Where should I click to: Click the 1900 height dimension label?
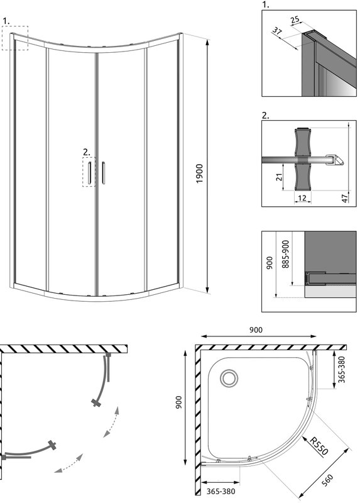tap(199, 174)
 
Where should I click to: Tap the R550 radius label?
tap(319, 446)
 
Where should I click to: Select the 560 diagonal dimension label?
tap(327, 480)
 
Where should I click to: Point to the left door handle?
tap(89, 173)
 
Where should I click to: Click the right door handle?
tap(103, 173)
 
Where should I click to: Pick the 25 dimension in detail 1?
tap(295, 20)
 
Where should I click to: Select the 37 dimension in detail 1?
tap(277, 31)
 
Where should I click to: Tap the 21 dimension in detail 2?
tap(279, 177)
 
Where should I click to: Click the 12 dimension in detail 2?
tap(302, 198)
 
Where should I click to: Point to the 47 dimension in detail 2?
tap(345, 198)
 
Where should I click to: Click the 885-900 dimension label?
tap(286, 254)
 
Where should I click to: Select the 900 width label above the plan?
tap(256, 329)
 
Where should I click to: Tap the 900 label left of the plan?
tap(178, 402)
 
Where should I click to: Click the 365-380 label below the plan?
tap(221, 491)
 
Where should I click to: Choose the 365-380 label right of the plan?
tap(342, 369)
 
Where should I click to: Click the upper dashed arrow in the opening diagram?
tap(112, 421)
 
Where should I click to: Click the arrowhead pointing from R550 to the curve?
tap(305, 438)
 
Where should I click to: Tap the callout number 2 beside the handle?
tap(87, 152)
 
